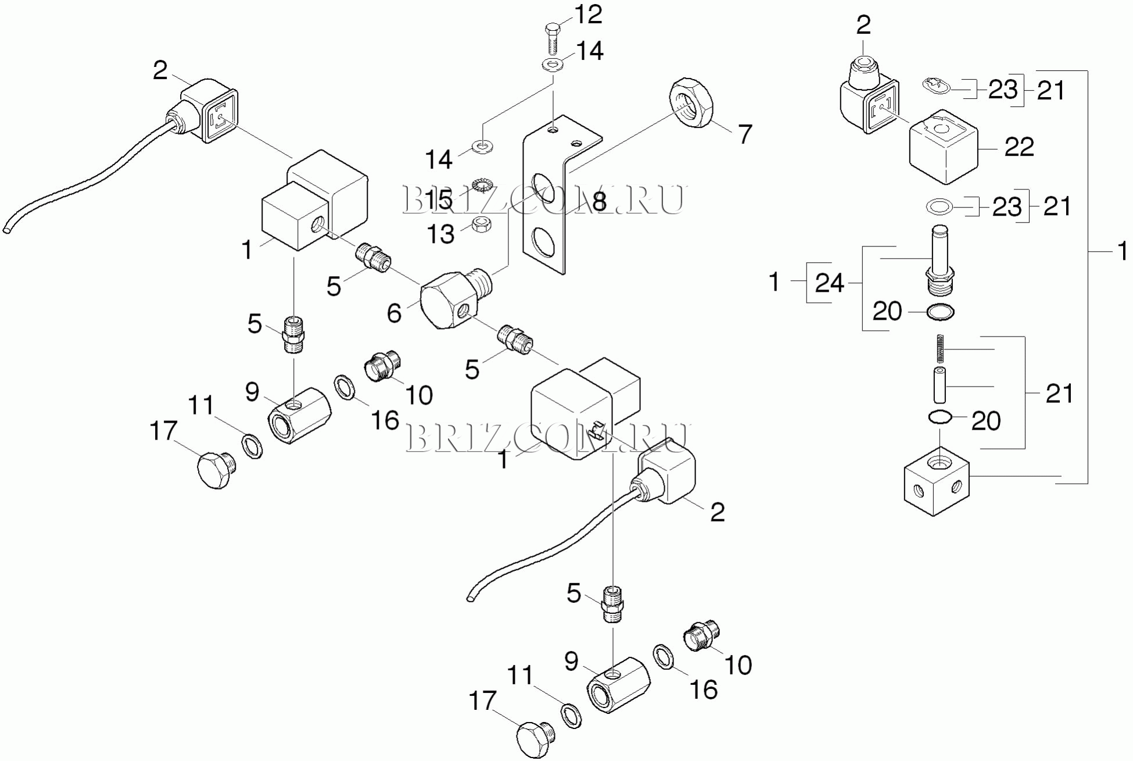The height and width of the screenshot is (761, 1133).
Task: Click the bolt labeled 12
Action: [553, 38]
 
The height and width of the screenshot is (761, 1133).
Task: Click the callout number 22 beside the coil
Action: [1019, 147]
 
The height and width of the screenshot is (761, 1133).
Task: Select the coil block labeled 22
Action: [942, 148]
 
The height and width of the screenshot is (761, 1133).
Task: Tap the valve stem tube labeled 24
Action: [939, 256]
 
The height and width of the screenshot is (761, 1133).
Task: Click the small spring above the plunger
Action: [940, 349]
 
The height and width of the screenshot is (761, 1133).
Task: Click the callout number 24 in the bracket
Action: [829, 283]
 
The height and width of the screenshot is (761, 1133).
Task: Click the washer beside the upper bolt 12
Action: [553, 65]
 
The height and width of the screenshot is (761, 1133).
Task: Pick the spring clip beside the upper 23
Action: [935, 86]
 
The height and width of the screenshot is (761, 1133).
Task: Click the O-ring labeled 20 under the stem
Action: [940, 312]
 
